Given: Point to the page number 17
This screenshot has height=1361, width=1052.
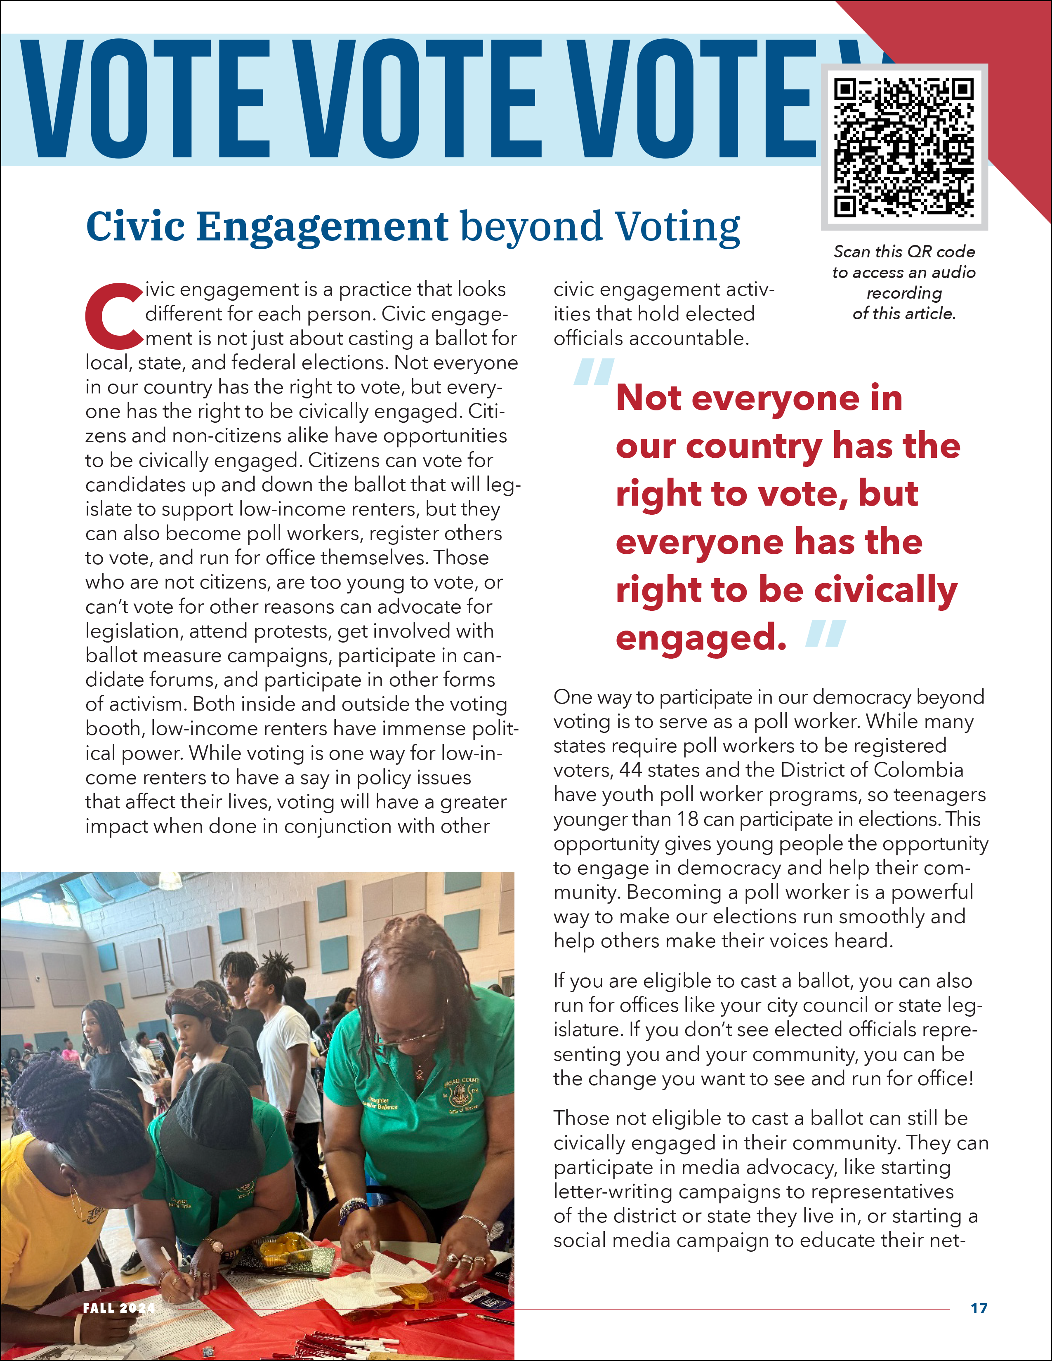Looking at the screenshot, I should coord(979,1307).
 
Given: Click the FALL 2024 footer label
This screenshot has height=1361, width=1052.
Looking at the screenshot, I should coord(118,1307).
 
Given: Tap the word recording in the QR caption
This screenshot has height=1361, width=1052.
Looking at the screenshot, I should coord(903,293).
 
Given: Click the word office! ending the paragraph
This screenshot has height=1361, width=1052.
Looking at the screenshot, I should coord(941,1079).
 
